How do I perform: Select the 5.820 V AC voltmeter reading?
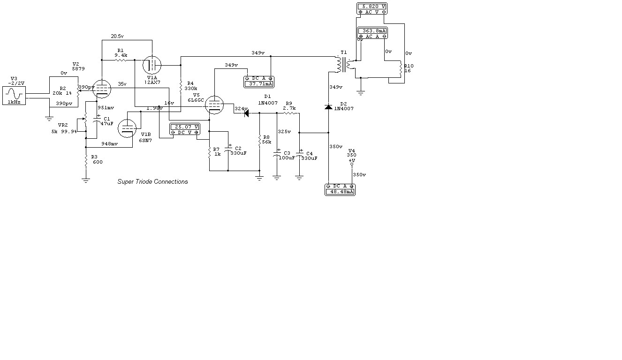372,7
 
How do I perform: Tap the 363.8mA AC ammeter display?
372,31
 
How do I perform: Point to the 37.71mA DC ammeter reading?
258,84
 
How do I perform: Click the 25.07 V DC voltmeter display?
184,127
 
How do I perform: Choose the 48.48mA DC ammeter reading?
340,192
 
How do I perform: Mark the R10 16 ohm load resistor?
400,69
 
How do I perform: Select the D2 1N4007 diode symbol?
328,107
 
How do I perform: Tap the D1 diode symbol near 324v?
245,113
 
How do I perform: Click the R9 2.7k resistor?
288,113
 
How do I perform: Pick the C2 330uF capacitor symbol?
228,151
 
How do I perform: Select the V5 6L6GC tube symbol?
215,105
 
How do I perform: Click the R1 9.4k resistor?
121,60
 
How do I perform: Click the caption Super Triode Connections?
152,182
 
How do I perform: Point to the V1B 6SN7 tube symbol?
127,128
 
